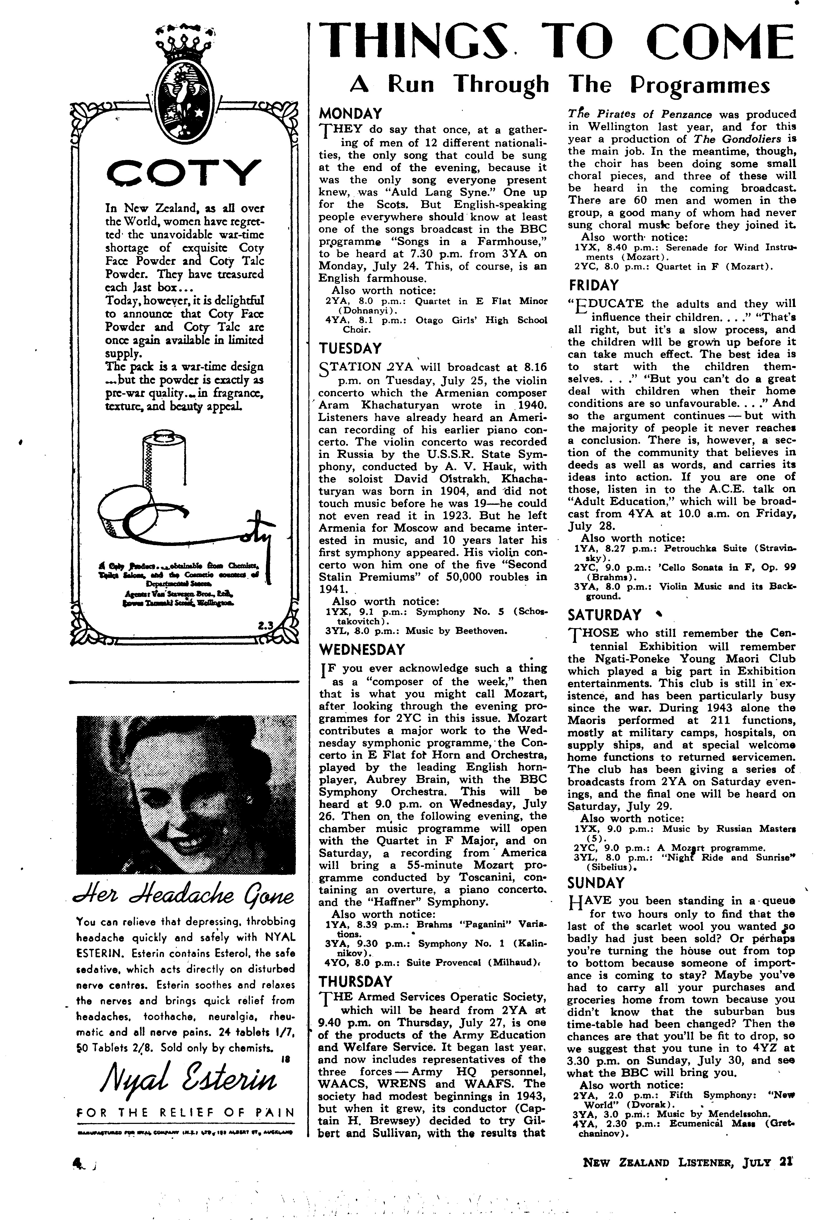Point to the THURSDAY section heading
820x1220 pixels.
(356, 981)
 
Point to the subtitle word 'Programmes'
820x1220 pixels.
(700, 85)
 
